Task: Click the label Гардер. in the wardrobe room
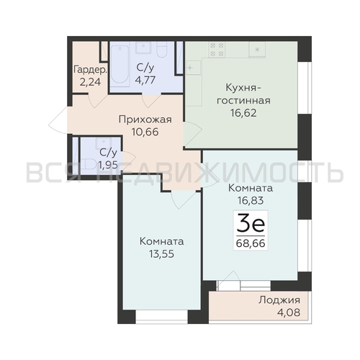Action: point(90,71)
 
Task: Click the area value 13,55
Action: point(161,253)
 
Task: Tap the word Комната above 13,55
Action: point(161,241)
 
